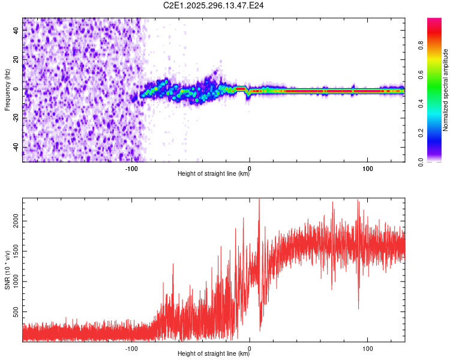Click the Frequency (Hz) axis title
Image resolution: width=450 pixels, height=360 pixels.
[7, 90]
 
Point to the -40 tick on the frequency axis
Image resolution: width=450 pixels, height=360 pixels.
[16, 147]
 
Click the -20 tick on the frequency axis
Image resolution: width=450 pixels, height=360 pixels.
[16, 118]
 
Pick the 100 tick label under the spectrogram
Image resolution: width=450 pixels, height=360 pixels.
[367, 169]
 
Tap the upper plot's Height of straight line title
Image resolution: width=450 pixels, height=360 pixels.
[214, 174]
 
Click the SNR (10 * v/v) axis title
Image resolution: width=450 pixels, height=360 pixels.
[7, 270]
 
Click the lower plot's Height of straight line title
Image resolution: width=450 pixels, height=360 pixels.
[214, 354]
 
